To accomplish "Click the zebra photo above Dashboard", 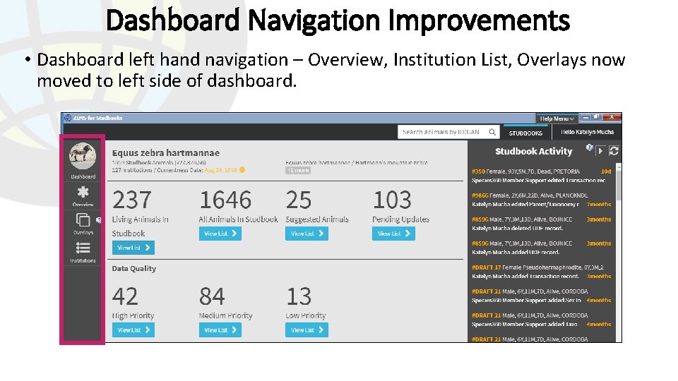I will (x=83, y=155).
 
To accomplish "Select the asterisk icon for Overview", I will (x=83, y=192).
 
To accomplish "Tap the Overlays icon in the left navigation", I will (x=83, y=219).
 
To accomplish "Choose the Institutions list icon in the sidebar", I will (x=83, y=248).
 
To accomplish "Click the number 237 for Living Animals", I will (x=132, y=200).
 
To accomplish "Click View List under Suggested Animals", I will (x=307, y=234).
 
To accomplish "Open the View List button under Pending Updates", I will (x=393, y=234).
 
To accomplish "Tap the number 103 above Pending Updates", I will (x=392, y=200).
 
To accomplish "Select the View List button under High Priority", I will (x=133, y=329).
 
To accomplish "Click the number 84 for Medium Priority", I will (x=212, y=296).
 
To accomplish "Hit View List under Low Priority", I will (x=307, y=329).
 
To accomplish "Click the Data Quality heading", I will (x=134, y=268).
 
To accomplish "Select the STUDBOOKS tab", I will (x=525, y=133).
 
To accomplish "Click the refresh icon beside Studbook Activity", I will (x=614, y=150).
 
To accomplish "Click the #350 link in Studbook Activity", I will (x=478, y=171).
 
